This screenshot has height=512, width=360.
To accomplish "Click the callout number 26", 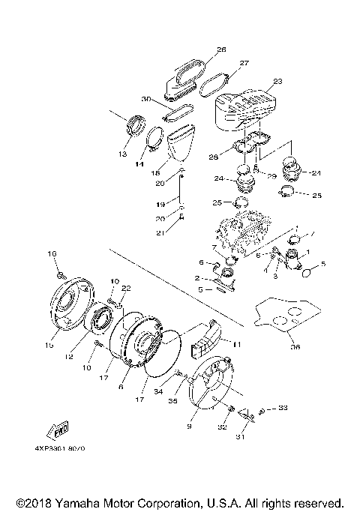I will point(221,49).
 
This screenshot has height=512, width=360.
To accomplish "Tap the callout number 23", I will point(277,81).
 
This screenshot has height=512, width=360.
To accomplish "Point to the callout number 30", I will point(146,99).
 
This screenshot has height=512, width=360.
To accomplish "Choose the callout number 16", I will point(52,255).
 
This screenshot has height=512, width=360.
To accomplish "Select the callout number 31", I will point(241,438).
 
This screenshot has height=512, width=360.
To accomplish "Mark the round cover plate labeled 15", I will point(70,304).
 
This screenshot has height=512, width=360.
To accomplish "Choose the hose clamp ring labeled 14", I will point(154,140).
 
